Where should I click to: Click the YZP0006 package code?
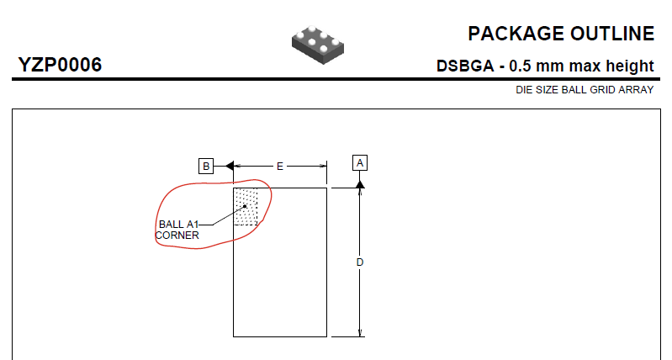(x=60, y=65)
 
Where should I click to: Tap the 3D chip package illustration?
(x=318, y=45)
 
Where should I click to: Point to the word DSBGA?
(x=465, y=66)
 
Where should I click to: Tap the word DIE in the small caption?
(x=523, y=90)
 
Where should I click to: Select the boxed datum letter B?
(x=206, y=166)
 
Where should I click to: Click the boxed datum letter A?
(x=360, y=163)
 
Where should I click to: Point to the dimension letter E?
(x=280, y=167)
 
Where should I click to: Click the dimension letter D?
(x=360, y=262)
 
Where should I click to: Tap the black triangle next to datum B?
(x=230, y=166)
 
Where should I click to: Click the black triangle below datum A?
(x=360, y=184)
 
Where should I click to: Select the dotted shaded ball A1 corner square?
(x=246, y=207)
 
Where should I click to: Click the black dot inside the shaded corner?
(x=245, y=206)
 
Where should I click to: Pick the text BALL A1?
(x=178, y=224)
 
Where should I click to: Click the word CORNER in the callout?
(x=177, y=236)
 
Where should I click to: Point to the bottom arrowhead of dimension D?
(x=360, y=333)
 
